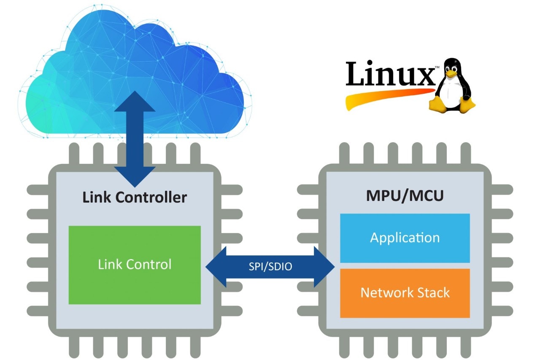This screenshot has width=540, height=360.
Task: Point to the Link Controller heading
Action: tap(134, 197)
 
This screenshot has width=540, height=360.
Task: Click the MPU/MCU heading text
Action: tap(405, 196)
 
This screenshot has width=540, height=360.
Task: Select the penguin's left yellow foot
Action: tap(439, 105)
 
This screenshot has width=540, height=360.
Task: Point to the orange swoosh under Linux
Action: tap(380, 97)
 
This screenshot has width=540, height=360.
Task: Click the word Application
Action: tap(405, 238)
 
